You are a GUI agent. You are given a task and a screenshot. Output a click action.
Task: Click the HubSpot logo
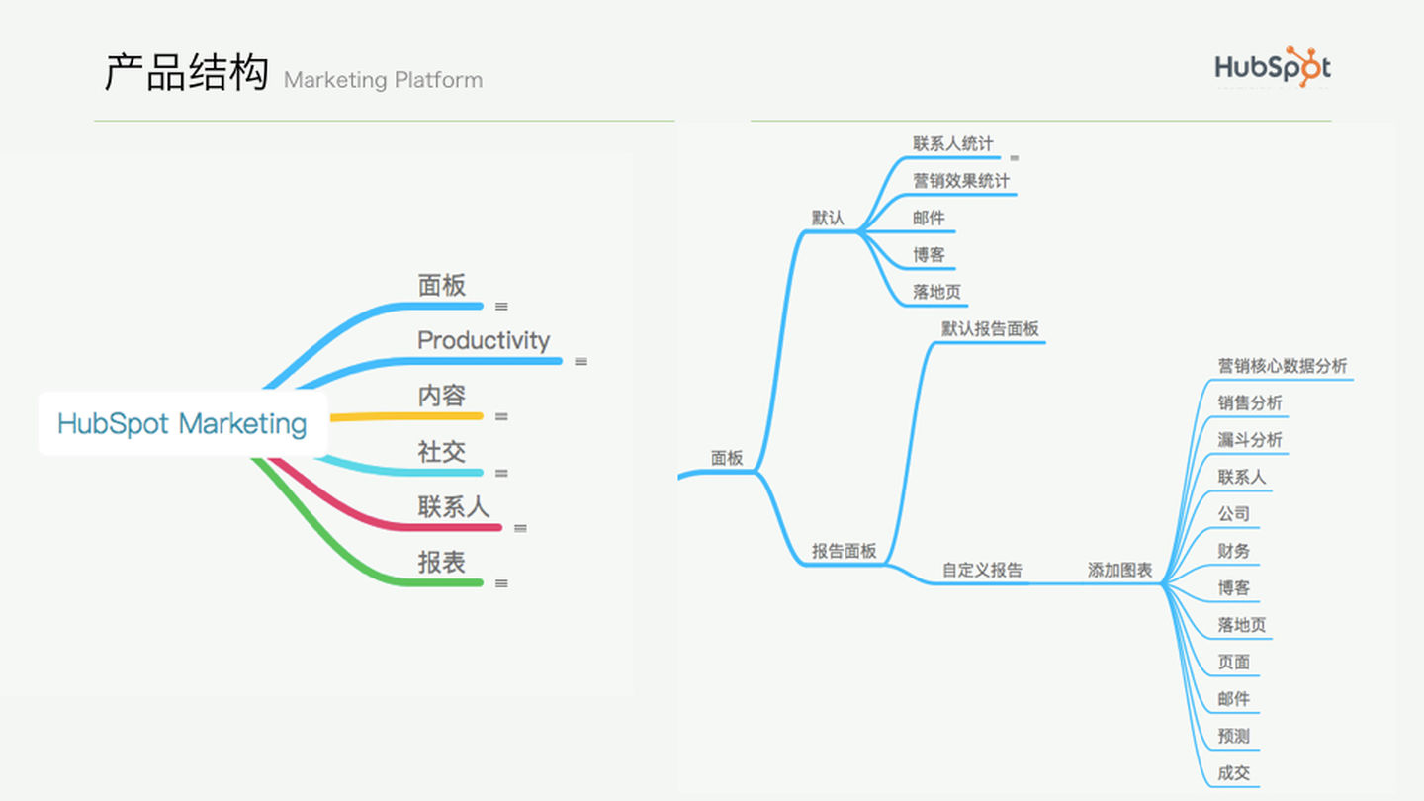pyautogui.click(x=1273, y=67)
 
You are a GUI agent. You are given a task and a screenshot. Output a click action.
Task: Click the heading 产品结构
pyautogui.click(x=186, y=72)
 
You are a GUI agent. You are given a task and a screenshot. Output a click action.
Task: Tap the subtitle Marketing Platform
pyautogui.click(x=383, y=80)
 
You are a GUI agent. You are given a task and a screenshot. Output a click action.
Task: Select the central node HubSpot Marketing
pyautogui.click(x=182, y=423)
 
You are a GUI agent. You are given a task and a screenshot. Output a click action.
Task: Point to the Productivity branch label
pyautogui.click(x=484, y=341)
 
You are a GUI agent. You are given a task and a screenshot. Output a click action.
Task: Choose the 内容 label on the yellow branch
pyautogui.click(x=441, y=396)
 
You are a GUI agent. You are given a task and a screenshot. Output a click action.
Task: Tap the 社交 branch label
pyautogui.click(x=441, y=451)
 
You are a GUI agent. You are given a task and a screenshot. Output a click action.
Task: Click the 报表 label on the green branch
pyautogui.click(x=441, y=562)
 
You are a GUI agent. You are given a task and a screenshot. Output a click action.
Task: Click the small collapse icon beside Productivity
pyautogui.click(x=580, y=361)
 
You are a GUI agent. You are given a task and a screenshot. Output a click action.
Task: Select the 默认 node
pyautogui.click(x=828, y=218)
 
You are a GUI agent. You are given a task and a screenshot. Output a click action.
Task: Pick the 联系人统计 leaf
pyautogui.click(x=953, y=143)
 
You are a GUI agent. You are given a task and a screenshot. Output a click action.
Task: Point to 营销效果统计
pyautogui.click(x=960, y=181)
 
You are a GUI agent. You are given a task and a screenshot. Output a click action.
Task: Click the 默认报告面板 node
pyautogui.click(x=990, y=328)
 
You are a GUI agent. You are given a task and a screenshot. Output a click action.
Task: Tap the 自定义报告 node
pyautogui.click(x=982, y=570)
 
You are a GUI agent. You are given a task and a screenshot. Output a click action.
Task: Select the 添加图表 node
pyautogui.click(x=1119, y=570)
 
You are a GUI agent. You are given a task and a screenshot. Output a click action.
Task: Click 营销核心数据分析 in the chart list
pyautogui.click(x=1283, y=366)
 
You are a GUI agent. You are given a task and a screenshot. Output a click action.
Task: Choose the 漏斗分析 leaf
pyautogui.click(x=1250, y=439)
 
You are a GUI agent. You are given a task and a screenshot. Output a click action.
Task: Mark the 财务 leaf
pyautogui.click(x=1234, y=551)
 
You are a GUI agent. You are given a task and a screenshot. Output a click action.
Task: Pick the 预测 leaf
pyautogui.click(x=1234, y=736)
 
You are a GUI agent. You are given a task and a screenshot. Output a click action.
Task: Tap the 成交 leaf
pyautogui.click(x=1234, y=773)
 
